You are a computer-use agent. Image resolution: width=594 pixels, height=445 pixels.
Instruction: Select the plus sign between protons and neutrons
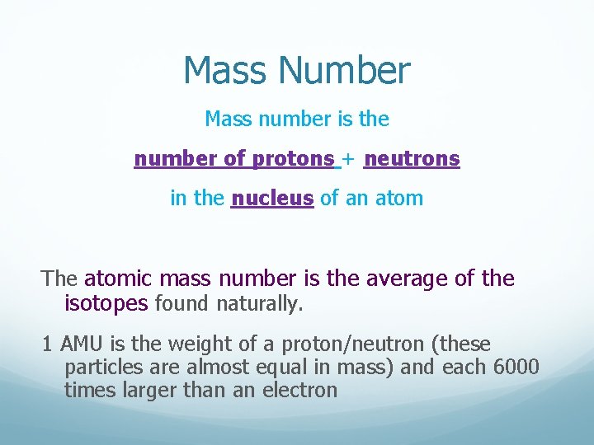click(x=351, y=159)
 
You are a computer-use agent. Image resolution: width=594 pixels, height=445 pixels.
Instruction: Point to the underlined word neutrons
click(x=412, y=158)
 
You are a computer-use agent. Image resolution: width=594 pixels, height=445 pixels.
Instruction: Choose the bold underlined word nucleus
click(x=272, y=199)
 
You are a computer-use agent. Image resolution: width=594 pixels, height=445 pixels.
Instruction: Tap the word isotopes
click(x=106, y=304)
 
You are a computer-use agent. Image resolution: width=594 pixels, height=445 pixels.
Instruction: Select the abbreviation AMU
click(x=78, y=344)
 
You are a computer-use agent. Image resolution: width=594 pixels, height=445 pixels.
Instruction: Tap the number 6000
click(x=517, y=367)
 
